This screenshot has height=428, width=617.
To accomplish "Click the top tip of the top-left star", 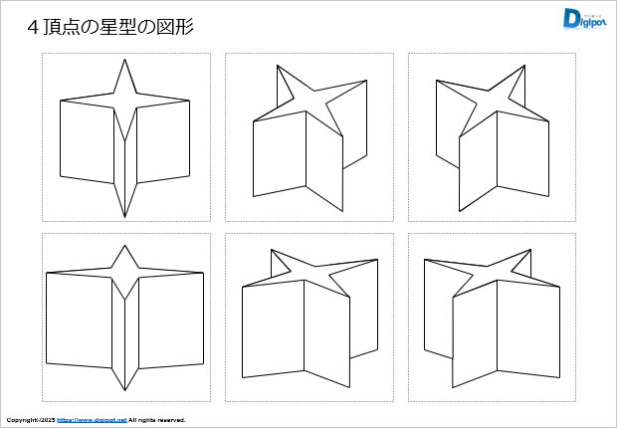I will coord(124,61).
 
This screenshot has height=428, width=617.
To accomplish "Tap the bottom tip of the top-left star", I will coord(124,216).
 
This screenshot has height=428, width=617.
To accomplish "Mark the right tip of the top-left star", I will coord(189,101).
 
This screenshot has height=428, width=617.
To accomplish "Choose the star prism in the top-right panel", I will coord(493,139).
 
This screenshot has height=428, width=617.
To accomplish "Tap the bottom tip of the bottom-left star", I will coord(124,390).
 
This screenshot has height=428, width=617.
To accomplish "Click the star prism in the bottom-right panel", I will coord(488,319).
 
